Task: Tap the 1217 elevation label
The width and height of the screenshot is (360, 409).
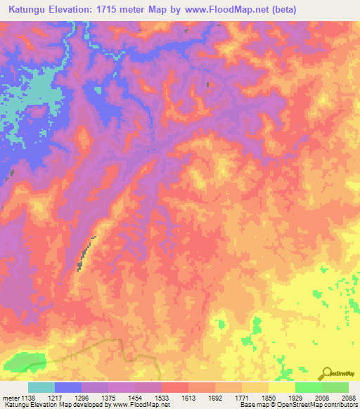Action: point(67,398)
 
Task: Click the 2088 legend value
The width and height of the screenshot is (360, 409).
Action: point(348,398)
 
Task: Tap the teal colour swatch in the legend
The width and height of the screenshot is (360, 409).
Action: point(41,387)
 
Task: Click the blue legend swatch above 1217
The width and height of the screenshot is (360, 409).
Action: point(68,387)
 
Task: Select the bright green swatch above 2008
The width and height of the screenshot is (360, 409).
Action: point(308,387)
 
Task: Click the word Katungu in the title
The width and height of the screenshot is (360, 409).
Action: point(30,10)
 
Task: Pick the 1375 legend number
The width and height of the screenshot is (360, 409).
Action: point(121,398)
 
